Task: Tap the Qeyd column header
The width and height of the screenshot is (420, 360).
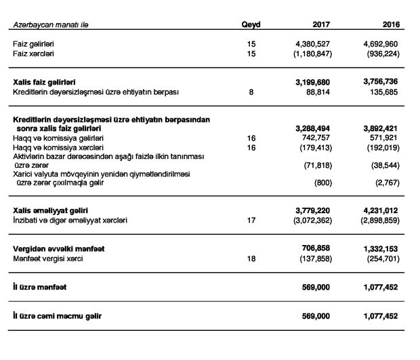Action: [x=251, y=24]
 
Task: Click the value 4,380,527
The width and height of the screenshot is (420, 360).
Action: [x=312, y=43]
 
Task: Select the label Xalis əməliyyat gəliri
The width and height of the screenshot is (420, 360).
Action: [x=51, y=210]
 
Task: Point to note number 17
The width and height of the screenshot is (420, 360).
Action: [x=251, y=221]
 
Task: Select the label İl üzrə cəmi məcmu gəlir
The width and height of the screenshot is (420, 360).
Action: [x=60, y=316]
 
